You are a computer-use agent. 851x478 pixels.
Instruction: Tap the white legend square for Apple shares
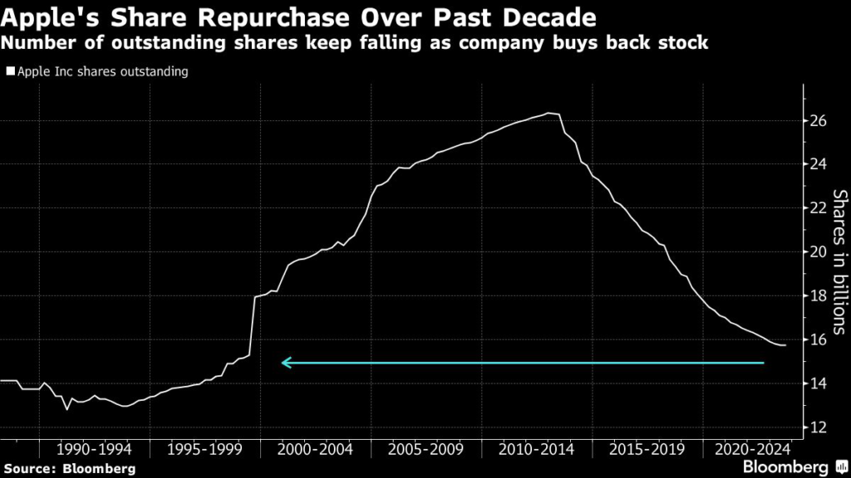tap(9, 72)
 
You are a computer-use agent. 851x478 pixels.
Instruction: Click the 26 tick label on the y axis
tap(818, 121)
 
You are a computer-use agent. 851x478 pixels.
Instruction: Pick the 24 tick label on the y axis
tap(818, 164)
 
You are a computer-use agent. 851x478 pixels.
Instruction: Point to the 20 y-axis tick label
tap(818, 252)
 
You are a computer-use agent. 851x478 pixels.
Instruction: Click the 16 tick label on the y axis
tap(818, 339)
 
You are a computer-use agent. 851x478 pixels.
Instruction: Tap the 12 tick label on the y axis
tap(818, 427)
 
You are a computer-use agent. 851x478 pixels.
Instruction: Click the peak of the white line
tap(549, 113)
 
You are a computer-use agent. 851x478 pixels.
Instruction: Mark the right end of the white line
tap(785, 345)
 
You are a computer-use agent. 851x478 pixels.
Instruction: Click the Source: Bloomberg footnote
tap(69, 468)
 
